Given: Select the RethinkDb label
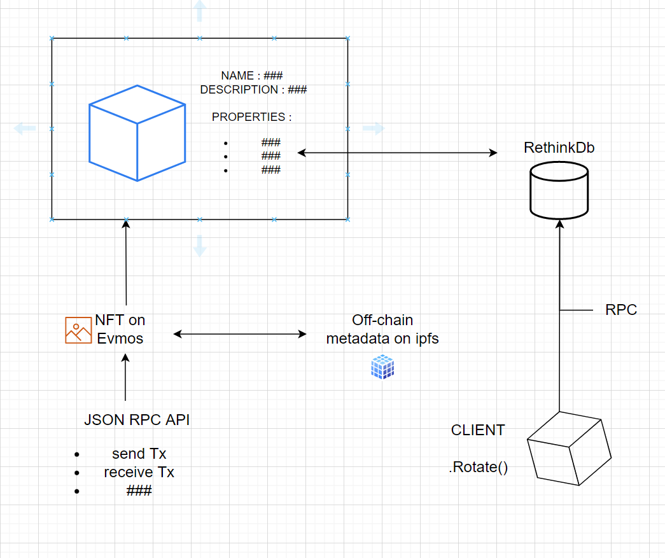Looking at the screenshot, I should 559,148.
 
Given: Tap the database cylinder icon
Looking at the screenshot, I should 559,190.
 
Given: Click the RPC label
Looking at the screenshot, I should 621,310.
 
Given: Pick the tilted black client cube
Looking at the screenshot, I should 569,449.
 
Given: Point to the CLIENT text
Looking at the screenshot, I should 478,430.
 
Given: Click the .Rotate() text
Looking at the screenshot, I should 479,468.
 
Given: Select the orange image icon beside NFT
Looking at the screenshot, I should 78,330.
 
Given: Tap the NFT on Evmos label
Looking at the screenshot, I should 120,329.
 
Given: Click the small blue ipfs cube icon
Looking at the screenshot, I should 382,367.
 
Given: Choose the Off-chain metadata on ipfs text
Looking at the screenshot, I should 382,330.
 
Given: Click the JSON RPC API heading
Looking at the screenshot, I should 137,420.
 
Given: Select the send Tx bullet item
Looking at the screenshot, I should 139,454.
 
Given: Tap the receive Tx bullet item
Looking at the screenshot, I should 139,472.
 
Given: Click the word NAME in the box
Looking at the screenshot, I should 237,76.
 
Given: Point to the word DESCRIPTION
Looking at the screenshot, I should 239,90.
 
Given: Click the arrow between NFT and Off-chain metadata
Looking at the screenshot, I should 240,333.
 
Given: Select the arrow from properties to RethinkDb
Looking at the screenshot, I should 398,153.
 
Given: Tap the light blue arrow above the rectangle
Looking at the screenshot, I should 200,11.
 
